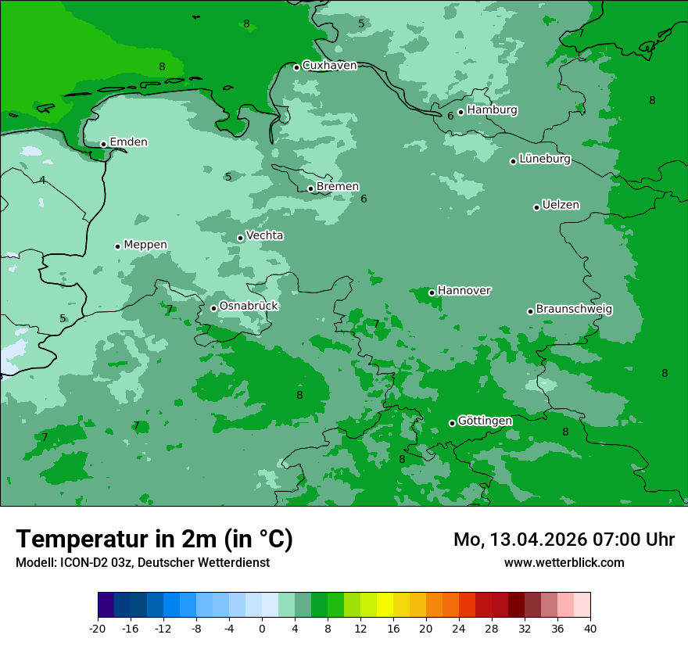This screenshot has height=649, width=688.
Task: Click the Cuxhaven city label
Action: [329, 66]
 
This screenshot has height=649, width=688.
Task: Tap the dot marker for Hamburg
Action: [460, 112]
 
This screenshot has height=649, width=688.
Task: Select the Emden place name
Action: [128, 142]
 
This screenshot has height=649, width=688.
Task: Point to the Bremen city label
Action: [338, 187]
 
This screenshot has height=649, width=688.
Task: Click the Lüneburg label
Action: [545, 160]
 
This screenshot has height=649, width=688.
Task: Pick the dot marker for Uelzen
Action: [536, 207]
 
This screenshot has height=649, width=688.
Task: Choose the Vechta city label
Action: [265, 235]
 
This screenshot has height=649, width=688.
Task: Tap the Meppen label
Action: [145, 245]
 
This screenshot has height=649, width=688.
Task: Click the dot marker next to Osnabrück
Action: [213, 308]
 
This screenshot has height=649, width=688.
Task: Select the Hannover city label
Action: [464, 291]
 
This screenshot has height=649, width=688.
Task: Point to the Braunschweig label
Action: [574, 310]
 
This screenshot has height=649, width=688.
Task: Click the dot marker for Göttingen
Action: [452, 423]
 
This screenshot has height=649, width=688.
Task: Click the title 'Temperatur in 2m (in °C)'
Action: [155, 540]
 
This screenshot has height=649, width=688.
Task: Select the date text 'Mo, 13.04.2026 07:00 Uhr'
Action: [564, 540]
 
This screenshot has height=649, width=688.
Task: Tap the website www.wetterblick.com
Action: [564, 562]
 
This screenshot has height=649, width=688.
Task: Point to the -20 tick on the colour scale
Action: [98, 628]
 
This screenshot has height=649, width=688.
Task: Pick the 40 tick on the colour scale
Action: [590, 628]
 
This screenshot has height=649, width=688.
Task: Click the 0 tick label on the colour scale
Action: [262, 628]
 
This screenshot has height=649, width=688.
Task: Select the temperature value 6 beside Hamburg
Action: [450, 117]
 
